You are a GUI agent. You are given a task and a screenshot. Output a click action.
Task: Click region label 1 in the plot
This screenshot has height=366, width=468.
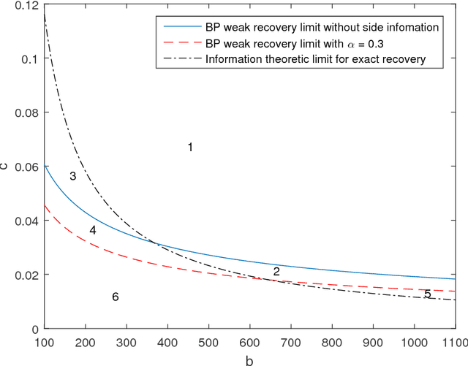coord(190,148)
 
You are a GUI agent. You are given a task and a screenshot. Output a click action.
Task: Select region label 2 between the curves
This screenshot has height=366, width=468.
coord(276,272)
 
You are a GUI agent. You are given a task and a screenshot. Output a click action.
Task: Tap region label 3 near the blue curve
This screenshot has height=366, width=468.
coord(73,176)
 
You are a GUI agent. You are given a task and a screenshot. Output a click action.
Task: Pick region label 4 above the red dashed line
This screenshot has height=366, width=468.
coord(93,231)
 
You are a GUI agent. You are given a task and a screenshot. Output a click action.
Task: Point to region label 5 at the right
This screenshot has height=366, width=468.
coord(428,294)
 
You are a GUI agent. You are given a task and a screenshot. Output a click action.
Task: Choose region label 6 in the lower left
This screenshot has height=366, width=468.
coord(115,297)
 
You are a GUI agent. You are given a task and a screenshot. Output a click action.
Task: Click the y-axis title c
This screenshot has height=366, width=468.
coord(7,167)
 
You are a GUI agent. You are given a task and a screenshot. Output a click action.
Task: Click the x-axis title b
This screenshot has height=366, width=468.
coord(250,359)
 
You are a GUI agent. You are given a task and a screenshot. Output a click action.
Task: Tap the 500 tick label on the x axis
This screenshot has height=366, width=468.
coord(208,341)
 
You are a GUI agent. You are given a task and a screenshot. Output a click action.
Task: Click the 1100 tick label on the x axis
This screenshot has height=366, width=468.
coord(455,341)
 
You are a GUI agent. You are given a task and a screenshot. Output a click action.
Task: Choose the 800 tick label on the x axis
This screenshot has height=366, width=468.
coord(332,341)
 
